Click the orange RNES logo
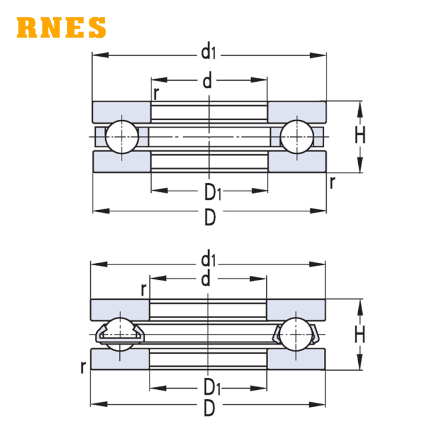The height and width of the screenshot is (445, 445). pos(61,27)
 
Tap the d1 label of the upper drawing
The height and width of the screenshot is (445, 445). pos(209,52)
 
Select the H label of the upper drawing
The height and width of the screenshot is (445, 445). pos(360,135)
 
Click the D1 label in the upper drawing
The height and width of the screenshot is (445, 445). pos(212,192)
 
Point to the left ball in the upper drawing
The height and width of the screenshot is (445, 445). pos(122,137)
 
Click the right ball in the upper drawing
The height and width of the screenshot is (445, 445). pos(297,137)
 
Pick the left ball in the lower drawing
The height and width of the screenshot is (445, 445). pos(120,334)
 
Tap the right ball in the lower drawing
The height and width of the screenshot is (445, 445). pos(296,334)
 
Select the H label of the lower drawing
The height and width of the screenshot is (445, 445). pos(360,334)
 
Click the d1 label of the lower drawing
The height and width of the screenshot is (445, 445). pos(209,259)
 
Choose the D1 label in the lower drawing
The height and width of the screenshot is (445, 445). pos(212,387)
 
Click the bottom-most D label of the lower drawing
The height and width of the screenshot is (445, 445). pos(210,408)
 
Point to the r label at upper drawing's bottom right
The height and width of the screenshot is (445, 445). pos(332,182)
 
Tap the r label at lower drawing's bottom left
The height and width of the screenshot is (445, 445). pos(83,367)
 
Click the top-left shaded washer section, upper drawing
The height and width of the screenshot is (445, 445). pos(121,112)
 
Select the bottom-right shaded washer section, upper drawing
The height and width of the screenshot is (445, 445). pos(297,161)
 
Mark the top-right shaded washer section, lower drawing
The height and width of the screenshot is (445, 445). pos(296,310)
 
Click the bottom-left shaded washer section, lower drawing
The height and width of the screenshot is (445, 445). pos(120,359)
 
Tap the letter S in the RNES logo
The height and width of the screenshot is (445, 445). pos(97,27)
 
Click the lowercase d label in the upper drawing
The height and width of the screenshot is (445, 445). pos(207,80)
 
